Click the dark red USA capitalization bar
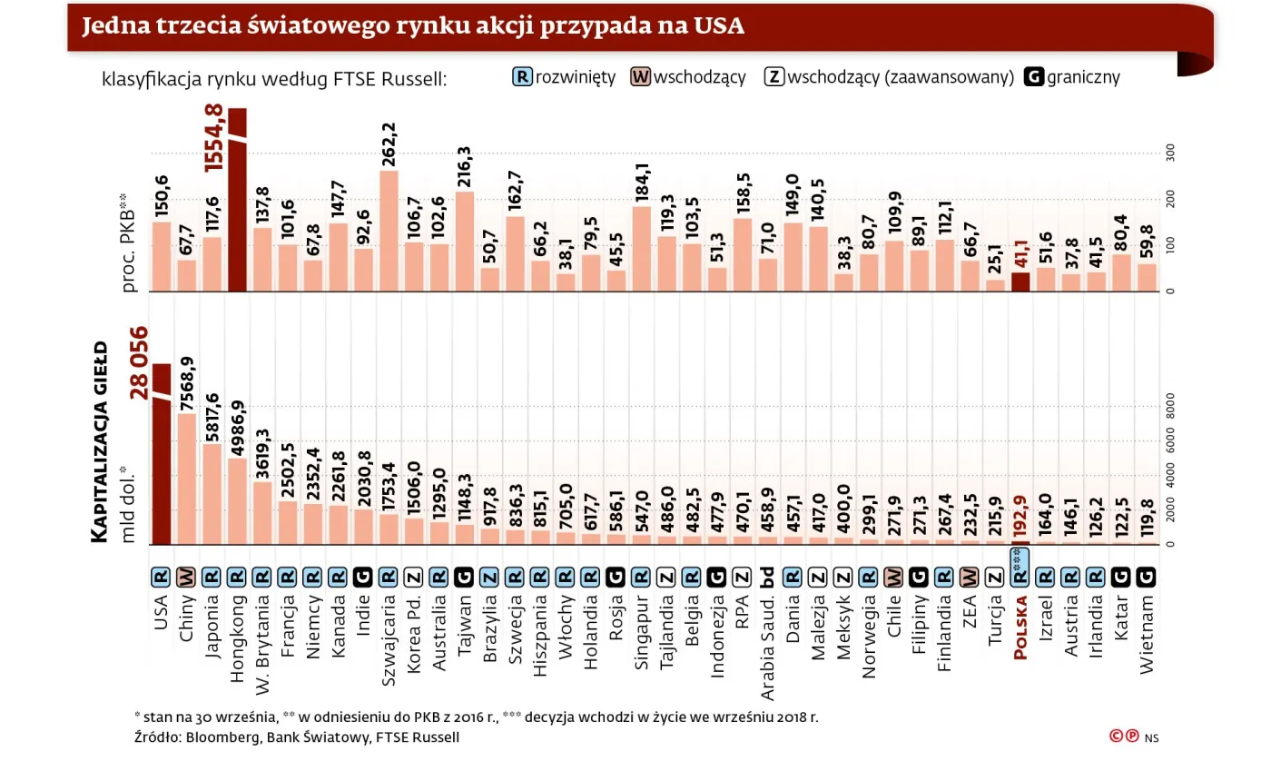(x=162, y=454)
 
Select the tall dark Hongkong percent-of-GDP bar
(x=238, y=200)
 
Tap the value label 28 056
(x=140, y=361)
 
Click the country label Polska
(x=1020, y=628)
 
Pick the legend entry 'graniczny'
(x=1072, y=77)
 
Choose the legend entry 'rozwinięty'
(x=564, y=77)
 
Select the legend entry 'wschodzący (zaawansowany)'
(x=889, y=77)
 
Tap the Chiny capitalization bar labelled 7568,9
(x=187, y=479)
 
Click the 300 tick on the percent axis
(x=1169, y=153)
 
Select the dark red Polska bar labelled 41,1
(x=1020, y=282)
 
